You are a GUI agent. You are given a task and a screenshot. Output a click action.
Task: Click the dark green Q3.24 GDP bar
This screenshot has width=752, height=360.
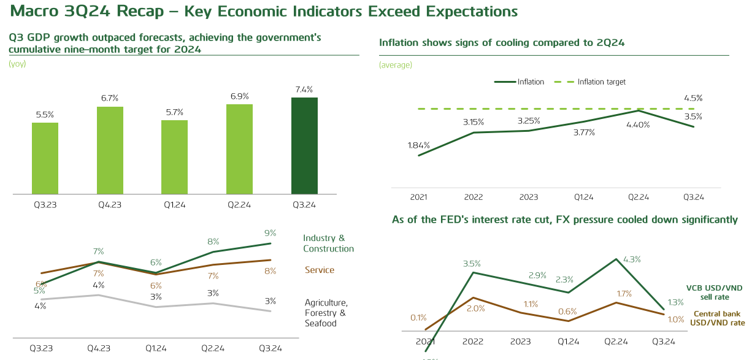point(304,145)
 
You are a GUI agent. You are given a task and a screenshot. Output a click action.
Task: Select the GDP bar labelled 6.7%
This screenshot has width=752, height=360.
point(110,150)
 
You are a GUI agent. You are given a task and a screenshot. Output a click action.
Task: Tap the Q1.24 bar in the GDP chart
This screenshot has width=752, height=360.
point(174,157)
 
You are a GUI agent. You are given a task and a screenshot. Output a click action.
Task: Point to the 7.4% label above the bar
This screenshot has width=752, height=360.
point(304,90)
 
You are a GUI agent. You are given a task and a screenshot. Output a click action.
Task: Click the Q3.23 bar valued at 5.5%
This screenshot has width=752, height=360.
point(45,158)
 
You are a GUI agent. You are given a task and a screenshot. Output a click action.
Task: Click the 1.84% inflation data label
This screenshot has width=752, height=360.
point(418,145)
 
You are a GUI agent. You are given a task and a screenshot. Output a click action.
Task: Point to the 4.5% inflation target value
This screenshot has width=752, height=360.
point(693,98)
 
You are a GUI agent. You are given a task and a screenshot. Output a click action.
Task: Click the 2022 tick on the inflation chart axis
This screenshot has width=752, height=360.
point(474,197)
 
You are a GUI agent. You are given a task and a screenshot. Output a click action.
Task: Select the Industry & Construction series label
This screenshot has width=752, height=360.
point(328,243)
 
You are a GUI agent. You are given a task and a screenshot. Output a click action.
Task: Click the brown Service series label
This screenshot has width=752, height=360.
point(320,270)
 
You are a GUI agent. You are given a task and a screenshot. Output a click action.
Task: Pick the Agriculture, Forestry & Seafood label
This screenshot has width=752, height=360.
point(326,313)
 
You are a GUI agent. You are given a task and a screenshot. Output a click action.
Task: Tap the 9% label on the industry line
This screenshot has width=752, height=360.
point(270,233)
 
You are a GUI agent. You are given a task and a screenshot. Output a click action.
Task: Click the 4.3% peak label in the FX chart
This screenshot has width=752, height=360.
point(631,259)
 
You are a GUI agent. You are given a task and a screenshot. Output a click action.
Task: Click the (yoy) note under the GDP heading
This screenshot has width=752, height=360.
point(17,64)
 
